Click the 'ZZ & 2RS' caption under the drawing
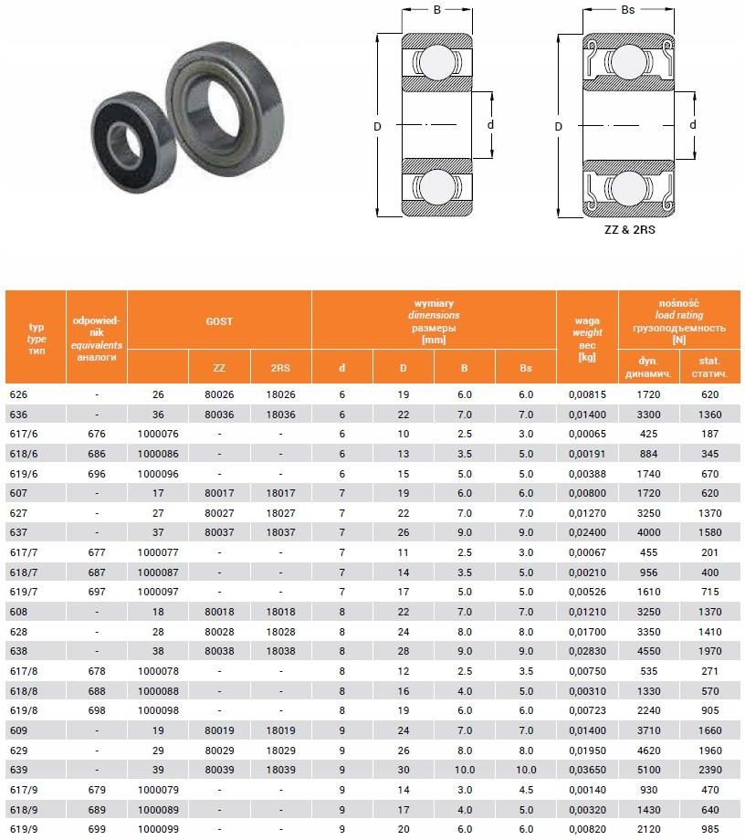click(630, 230)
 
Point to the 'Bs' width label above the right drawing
click(627, 11)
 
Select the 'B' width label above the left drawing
click(436, 11)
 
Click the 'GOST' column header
click(219, 321)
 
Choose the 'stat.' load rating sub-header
click(709, 368)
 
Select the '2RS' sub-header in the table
click(280, 368)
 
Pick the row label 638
click(17, 650)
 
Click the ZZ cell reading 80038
click(219, 650)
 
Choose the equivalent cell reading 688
click(96, 689)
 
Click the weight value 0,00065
click(587, 434)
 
